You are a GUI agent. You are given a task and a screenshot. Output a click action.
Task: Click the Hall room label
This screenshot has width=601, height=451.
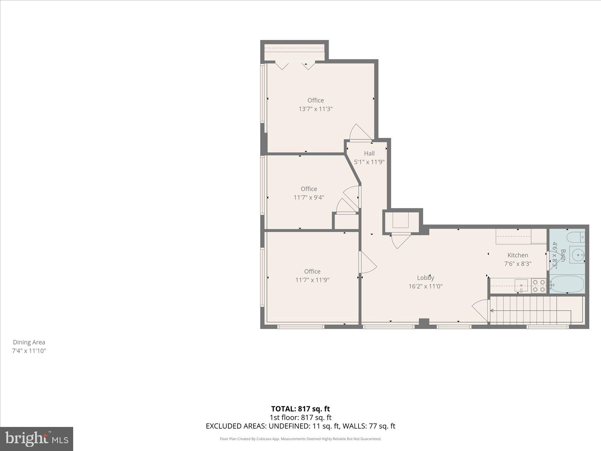click(x=369, y=153)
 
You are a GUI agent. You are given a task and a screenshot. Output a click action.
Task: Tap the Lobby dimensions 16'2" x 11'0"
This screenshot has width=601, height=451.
click(x=425, y=286)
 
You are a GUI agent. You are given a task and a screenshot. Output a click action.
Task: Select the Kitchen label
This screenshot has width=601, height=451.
click(x=518, y=255)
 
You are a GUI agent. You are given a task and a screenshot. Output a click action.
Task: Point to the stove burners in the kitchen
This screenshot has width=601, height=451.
click(x=538, y=286)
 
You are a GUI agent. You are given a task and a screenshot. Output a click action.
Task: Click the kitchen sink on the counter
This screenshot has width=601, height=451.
click(x=521, y=285)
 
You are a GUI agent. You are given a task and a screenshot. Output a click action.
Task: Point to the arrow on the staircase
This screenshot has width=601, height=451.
click(x=492, y=311)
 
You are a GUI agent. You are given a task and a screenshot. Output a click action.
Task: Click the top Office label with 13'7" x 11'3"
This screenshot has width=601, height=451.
click(x=315, y=100)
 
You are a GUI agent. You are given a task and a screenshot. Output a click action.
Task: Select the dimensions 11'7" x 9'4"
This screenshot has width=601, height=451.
click(x=309, y=197)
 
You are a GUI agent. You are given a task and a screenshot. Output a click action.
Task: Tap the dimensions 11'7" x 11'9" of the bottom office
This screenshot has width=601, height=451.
click(x=312, y=280)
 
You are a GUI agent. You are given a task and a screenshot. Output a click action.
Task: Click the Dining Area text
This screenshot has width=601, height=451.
click(x=29, y=342)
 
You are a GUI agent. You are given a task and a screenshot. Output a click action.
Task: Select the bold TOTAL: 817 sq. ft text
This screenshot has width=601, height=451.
click(x=300, y=409)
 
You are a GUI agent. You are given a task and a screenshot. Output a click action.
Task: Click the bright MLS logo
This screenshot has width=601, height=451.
click(x=37, y=439)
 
